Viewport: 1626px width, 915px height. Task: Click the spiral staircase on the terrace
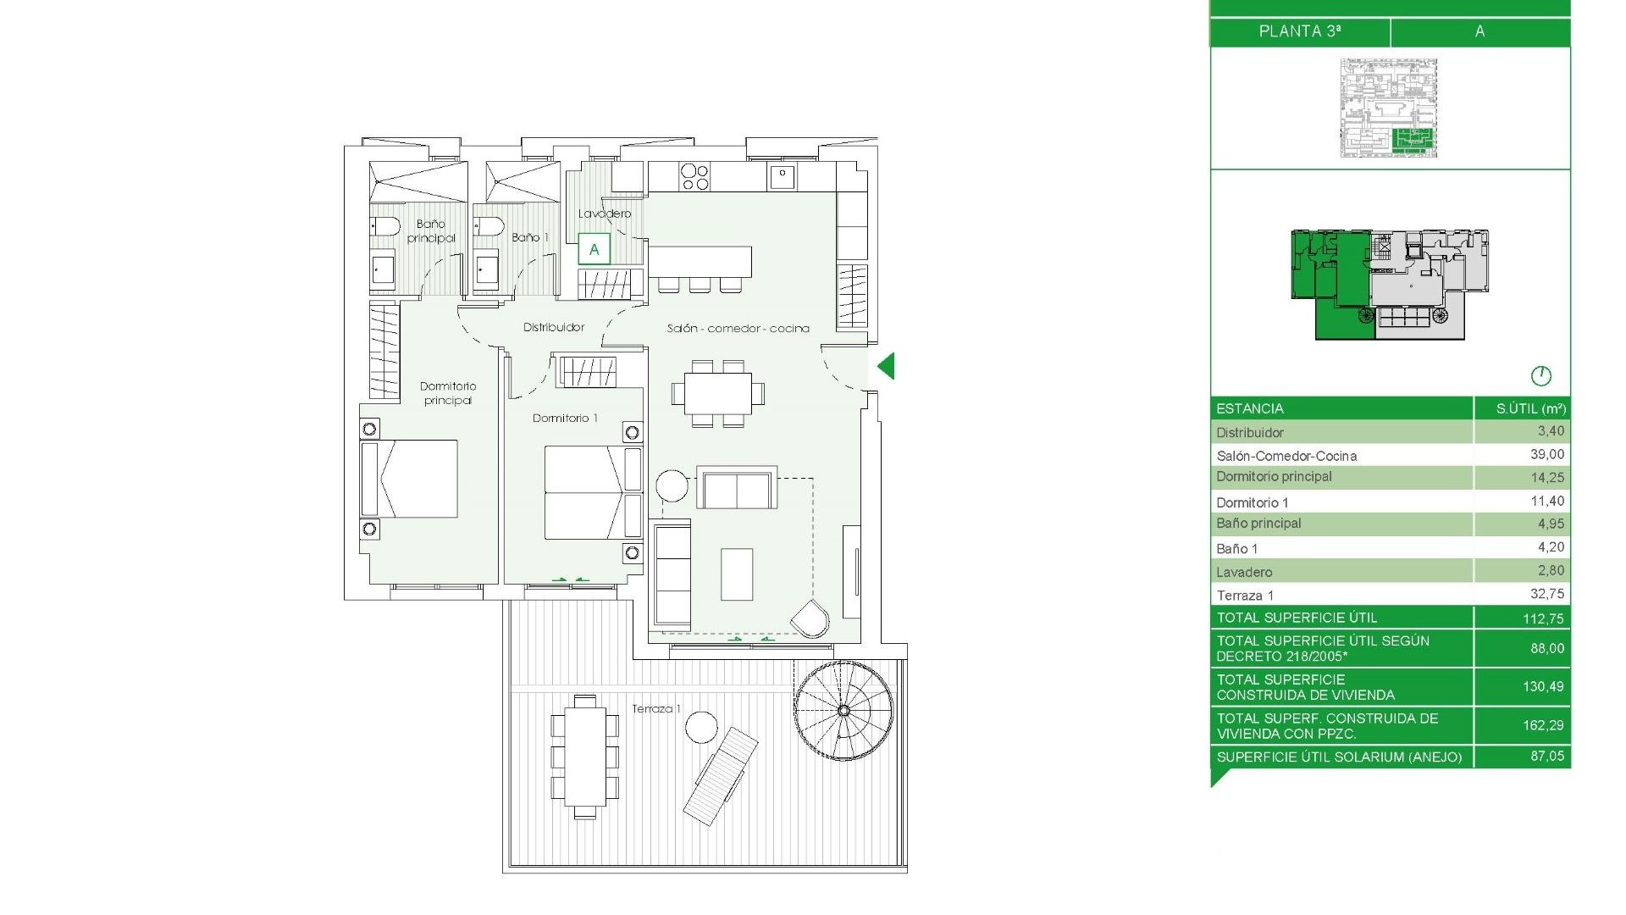pos(843,710)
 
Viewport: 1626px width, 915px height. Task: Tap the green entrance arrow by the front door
pos(886,367)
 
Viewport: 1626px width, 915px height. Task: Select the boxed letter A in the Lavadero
pos(594,249)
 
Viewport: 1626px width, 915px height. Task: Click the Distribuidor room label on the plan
pos(554,327)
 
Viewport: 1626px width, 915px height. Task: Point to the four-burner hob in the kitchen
pos(694,177)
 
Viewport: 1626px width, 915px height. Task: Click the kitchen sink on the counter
pos(782,176)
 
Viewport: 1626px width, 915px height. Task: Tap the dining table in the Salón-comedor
pos(718,393)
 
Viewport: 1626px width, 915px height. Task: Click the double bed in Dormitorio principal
pos(410,479)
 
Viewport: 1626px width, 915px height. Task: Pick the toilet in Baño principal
pos(384,226)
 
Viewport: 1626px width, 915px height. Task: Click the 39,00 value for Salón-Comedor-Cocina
pos(1546,455)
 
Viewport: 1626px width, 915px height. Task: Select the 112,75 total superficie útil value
pos(1542,618)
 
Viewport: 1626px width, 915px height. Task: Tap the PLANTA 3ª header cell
pos(1299,31)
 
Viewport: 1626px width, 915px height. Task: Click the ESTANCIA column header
pos(1250,408)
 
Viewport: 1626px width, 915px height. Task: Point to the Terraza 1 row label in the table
pos(1245,596)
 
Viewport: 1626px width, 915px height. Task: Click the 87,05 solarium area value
pos(1546,756)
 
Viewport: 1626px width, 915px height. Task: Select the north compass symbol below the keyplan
pos(1540,375)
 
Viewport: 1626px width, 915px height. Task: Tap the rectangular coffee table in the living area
pos(737,574)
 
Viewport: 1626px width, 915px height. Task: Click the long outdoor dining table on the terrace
pos(584,757)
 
